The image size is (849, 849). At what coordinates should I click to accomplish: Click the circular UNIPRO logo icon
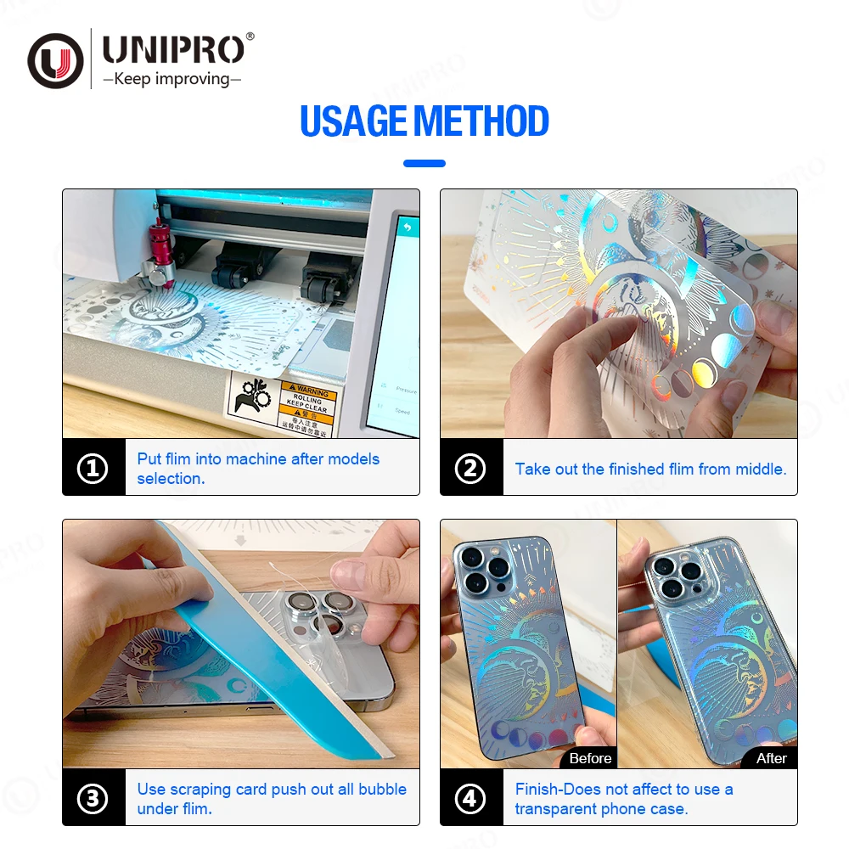pyautogui.click(x=55, y=60)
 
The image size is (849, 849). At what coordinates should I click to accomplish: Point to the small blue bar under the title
pyautogui.click(x=424, y=163)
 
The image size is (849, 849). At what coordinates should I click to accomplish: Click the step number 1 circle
pyautogui.click(x=93, y=469)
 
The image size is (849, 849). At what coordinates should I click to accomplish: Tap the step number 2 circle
pyautogui.click(x=470, y=469)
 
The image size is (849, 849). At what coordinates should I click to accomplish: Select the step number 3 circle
pyautogui.click(x=93, y=799)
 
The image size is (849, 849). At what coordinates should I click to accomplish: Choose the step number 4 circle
pyautogui.click(x=470, y=799)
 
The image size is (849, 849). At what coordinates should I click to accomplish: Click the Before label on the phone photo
pyautogui.click(x=590, y=758)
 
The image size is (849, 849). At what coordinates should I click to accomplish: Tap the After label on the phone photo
pyautogui.click(x=771, y=758)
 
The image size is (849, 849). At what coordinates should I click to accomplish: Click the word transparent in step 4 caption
pyautogui.click(x=554, y=809)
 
